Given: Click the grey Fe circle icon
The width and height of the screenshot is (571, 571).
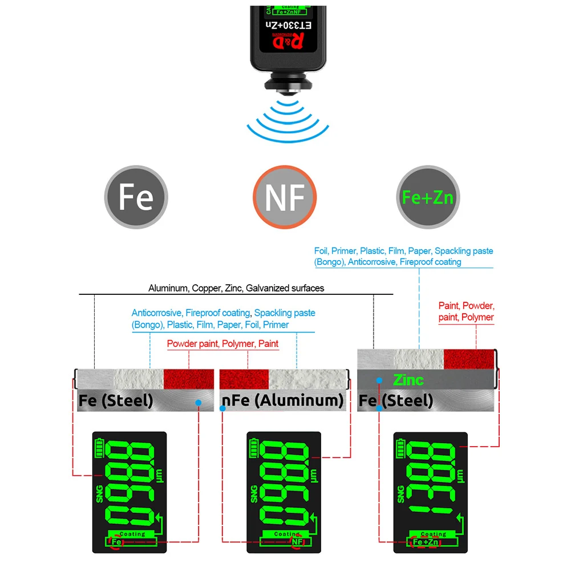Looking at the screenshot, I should pyautogui.click(x=136, y=196).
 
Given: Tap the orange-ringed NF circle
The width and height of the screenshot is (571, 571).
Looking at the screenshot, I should pyautogui.click(x=284, y=197).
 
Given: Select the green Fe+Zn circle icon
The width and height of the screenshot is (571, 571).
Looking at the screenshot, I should pyautogui.click(x=427, y=197).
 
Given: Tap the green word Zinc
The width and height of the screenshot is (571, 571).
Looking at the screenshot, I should pyautogui.click(x=408, y=379).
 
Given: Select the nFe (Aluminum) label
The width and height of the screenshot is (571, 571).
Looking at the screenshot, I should pyautogui.click(x=282, y=400).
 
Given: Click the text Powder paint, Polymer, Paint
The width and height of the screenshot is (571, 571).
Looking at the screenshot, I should pyautogui.click(x=222, y=344).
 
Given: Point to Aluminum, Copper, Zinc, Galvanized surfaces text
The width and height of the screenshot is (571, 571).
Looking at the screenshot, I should pyautogui.click(x=236, y=288).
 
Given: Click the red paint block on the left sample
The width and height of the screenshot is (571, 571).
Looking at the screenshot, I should pyautogui.click(x=188, y=378).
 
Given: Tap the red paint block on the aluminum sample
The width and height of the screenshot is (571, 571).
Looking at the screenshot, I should pyautogui.click(x=244, y=378).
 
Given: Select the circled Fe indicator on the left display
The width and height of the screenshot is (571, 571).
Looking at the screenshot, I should pyautogui.click(x=117, y=541).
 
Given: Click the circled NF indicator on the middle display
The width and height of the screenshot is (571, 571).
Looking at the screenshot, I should pyautogui.click(x=297, y=541).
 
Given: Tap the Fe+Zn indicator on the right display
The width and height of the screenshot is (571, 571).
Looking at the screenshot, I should pyautogui.click(x=425, y=541).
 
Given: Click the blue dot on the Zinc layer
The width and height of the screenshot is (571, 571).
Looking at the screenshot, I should pyautogui.click(x=378, y=380).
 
